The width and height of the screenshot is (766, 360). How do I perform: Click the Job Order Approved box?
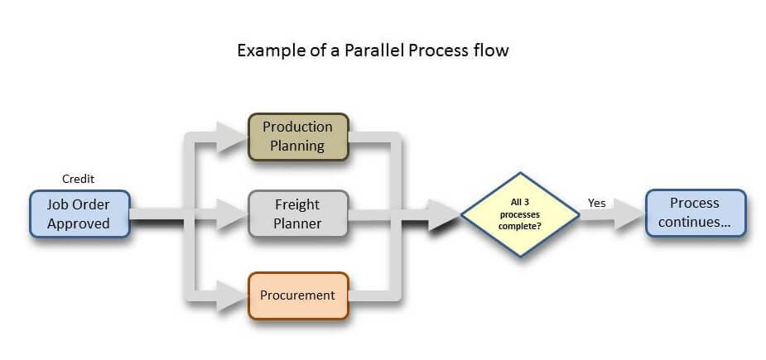pyautogui.click(x=79, y=214)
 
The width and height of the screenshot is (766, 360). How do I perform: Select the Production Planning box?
pyautogui.click(x=298, y=137)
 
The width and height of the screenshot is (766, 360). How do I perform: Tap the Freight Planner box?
pyautogui.click(x=298, y=214)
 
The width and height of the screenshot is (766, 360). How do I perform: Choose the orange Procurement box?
pyautogui.click(x=298, y=295)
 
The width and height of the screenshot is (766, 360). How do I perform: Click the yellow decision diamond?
pyautogui.click(x=520, y=214)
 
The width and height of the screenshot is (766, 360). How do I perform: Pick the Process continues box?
pyautogui.click(x=696, y=213)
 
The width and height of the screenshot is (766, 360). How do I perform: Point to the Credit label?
pyautogui.click(x=78, y=180)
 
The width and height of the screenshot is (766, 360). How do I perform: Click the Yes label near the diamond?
pyautogui.click(x=596, y=203)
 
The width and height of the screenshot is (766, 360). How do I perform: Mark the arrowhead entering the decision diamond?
pyautogui.click(x=444, y=214)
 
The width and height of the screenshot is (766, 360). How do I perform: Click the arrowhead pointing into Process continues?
pyautogui.click(x=629, y=214)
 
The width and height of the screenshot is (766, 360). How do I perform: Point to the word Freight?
pyautogui.click(x=297, y=204)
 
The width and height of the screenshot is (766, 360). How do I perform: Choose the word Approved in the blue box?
pyautogui.click(x=79, y=223)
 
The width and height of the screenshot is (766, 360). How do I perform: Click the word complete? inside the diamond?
pyautogui.click(x=519, y=226)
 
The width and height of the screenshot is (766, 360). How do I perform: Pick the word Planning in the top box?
pyautogui.click(x=297, y=146)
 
